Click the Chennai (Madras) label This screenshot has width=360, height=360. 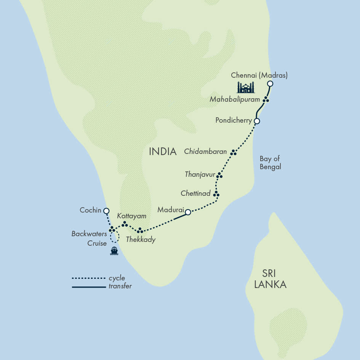(x=259, y=75)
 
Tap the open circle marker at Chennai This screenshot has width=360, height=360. (x=270, y=84)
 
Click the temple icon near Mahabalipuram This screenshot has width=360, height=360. (x=246, y=88)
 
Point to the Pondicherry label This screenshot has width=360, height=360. (x=234, y=120)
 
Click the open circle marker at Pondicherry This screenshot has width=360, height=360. (x=257, y=121)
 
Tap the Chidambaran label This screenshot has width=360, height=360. (x=205, y=152)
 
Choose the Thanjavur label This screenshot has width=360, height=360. (x=200, y=174)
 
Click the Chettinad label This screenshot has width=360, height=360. (x=195, y=194)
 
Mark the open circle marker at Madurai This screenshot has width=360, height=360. (x=188, y=212)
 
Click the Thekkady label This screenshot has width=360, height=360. (x=141, y=240)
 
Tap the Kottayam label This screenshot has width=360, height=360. (x=131, y=216)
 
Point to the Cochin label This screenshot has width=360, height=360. (x=90, y=210)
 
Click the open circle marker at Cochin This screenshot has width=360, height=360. (x=106, y=211)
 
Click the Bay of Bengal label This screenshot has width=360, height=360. (x=270, y=163)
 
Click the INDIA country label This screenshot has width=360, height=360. (x=163, y=152)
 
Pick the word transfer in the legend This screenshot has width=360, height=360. (x=120, y=286)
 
